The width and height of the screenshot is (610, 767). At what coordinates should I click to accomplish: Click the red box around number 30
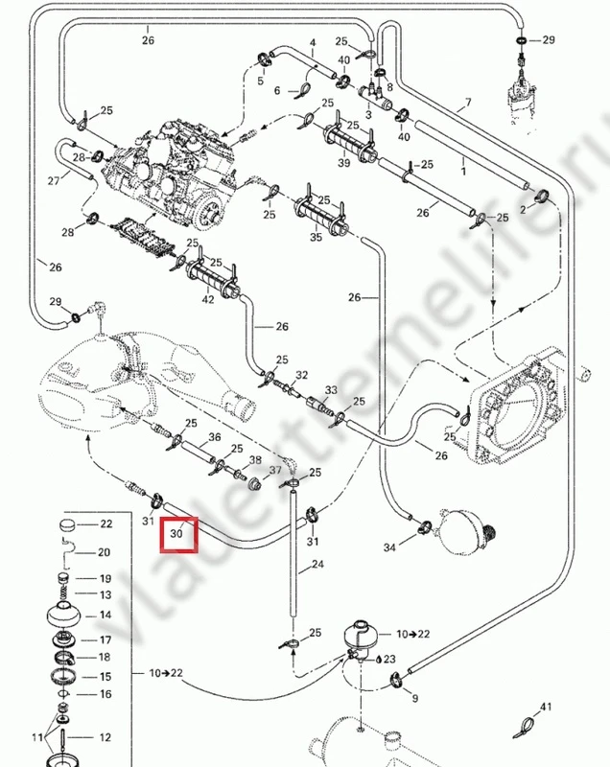[x=178, y=534]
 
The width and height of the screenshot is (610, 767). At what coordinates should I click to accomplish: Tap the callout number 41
[x=546, y=708]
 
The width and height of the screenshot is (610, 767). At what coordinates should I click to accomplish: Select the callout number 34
[x=389, y=547]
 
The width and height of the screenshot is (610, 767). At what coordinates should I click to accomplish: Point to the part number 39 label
[x=343, y=164]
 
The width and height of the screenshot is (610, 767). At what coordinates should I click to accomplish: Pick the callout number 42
[x=208, y=299]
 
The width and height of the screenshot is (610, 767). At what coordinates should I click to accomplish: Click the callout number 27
[x=54, y=180]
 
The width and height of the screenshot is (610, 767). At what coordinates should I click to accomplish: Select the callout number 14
[x=106, y=616]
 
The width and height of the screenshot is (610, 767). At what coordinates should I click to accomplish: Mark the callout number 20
[x=105, y=552]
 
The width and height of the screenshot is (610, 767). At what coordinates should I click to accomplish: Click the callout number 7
[x=468, y=103]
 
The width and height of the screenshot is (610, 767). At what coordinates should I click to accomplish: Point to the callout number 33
[x=332, y=390]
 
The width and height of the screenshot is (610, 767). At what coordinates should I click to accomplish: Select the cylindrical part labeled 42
[x=211, y=278]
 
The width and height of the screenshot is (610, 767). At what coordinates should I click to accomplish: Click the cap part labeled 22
[x=68, y=525]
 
